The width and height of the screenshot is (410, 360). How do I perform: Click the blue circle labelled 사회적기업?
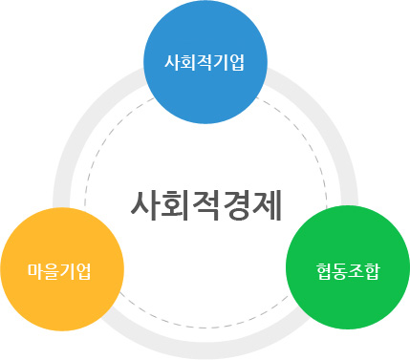pos(205,63)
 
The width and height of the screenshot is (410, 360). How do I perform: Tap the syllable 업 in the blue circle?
pos(237,64)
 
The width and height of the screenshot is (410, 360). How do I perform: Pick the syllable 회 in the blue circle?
pos(189,64)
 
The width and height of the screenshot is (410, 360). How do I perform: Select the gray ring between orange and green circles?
pos(205,348)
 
